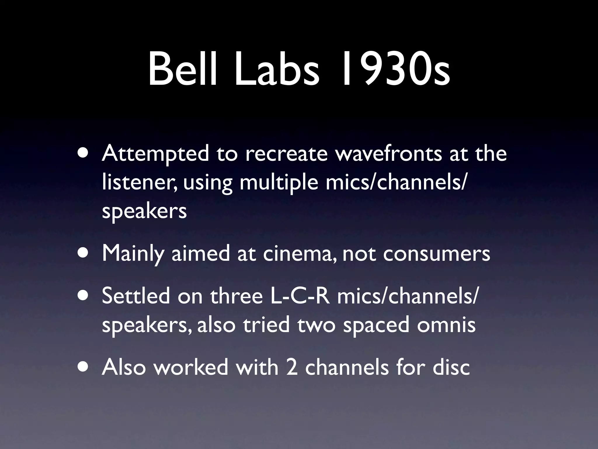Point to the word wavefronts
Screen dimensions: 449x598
(388, 153)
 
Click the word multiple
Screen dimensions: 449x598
(279, 183)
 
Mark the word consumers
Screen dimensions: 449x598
(437, 253)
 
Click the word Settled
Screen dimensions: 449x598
(136, 296)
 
